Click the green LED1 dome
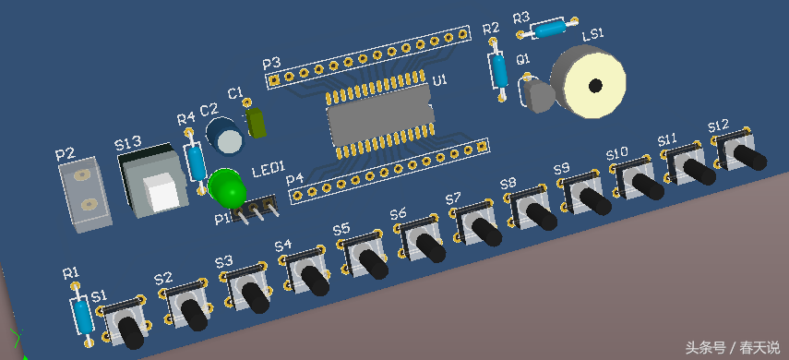pyautogui.click(x=226, y=187)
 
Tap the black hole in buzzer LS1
pyautogui.click(x=596, y=86)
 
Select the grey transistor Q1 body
pyautogui.click(x=538, y=96)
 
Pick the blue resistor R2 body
pyautogui.click(x=498, y=70)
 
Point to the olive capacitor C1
pyautogui.click(x=257, y=124)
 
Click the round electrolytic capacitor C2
pyautogui.click(x=226, y=136)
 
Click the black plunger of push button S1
pyautogui.click(x=131, y=331)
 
